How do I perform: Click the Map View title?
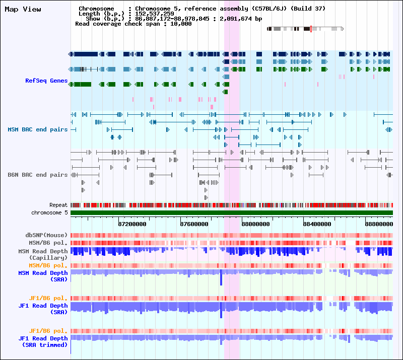click(x=23, y=9)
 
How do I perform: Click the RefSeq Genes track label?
click(x=46, y=81)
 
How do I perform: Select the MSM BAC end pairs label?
click(x=38, y=129)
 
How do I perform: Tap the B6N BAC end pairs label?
click(x=38, y=175)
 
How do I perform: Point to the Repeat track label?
click(x=58, y=205)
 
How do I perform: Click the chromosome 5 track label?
click(x=49, y=212)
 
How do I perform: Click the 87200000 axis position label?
click(x=132, y=224)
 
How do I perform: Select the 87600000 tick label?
click(x=194, y=224)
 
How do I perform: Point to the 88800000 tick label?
click(x=379, y=224)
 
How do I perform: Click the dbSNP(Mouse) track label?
click(x=46, y=235)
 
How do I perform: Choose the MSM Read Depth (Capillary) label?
click(x=43, y=254)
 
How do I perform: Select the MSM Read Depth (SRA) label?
click(x=43, y=275)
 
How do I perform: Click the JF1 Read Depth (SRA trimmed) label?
click(x=43, y=341)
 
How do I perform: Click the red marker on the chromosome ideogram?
click(x=311, y=29)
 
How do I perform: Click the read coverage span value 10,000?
click(x=180, y=24)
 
